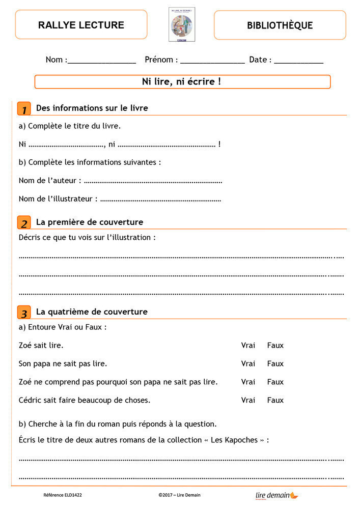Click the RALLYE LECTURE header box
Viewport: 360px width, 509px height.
81,25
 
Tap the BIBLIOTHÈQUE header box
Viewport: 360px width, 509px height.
280,25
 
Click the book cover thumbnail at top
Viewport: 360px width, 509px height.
181,24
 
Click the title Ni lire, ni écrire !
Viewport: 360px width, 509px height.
182,81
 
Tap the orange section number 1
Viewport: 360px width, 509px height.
24,109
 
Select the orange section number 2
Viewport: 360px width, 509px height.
24,223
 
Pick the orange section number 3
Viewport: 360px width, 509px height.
24,313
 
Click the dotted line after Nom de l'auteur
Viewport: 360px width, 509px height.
153,181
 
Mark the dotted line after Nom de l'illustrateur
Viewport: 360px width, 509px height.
160,200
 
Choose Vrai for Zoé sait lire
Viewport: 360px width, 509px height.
248,345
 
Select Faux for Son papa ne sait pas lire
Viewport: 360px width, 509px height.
275,363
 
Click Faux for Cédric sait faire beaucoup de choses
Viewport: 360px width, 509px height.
275,400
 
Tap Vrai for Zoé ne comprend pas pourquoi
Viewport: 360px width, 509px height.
248,382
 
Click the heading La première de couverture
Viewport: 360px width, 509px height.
90,222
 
